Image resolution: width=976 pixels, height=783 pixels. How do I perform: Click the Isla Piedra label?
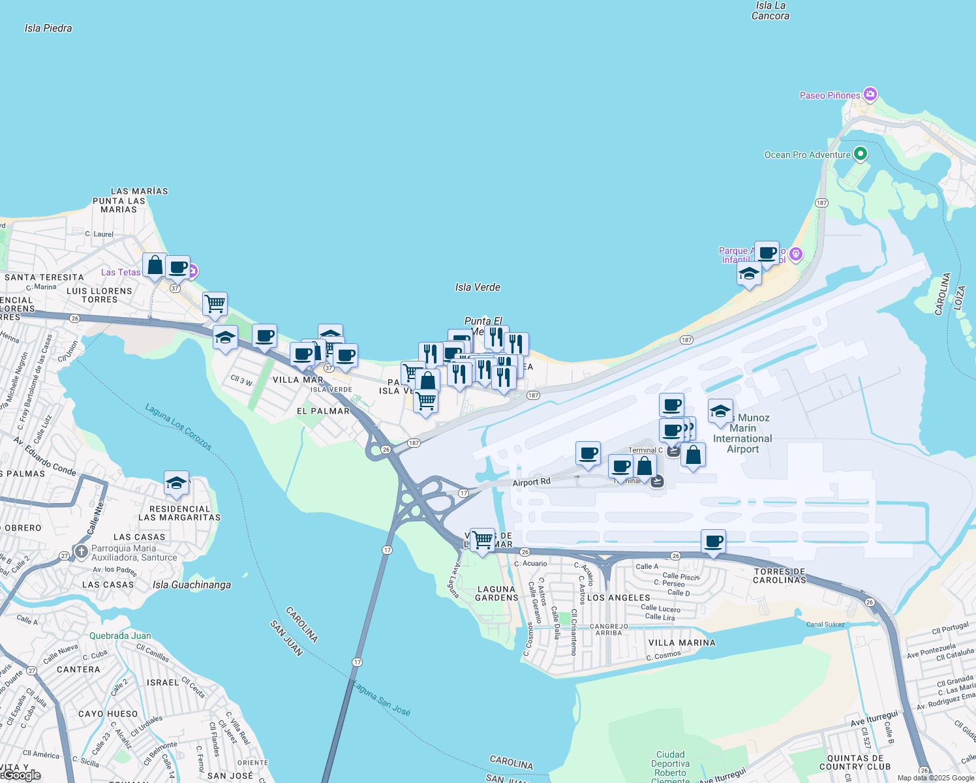click(x=48, y=28)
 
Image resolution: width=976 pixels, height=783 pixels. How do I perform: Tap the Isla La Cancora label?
click(x=770, y=10)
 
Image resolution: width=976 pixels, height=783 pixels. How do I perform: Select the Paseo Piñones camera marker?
click(x=870, y=95)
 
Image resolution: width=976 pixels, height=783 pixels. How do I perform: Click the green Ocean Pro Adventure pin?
click(x=861, y=155)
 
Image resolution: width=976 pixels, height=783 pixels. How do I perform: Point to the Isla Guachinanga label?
click(x=191, y=585)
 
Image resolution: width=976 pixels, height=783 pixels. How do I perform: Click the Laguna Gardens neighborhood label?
click(x=496, y=593)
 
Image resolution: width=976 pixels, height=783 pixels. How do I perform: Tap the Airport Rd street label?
click(x=531, y=483)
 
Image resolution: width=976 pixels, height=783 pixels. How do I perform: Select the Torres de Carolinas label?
click(x=780, y=576)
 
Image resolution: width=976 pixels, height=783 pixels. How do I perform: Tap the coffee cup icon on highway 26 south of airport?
click(x=714, y=542)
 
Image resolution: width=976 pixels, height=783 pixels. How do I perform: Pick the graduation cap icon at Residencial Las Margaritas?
click(x=176, y=484)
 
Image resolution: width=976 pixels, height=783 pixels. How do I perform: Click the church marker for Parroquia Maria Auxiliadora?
click(x=81, y=552)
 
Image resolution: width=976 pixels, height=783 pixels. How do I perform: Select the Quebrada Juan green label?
click(x=120, y=636)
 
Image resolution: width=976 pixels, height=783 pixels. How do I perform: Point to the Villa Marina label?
click(x=682, y=643)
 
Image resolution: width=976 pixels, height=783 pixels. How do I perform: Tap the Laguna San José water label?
click(x=382, y=698)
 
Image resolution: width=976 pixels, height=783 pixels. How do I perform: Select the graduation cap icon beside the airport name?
click(x=720, y=411)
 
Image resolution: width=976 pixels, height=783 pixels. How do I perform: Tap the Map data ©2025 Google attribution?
click(x=936, y=778)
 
